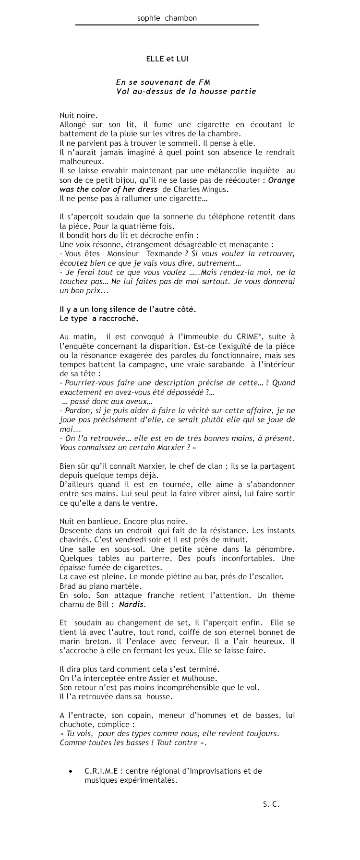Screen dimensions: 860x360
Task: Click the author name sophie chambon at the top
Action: coord(167,18)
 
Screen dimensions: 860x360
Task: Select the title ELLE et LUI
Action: coord(167,59)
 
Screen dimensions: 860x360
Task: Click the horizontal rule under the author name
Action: coord(167,24)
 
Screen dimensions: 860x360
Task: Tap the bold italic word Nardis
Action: coord(132,605)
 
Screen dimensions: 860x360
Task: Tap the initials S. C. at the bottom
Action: coord(271,803)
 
